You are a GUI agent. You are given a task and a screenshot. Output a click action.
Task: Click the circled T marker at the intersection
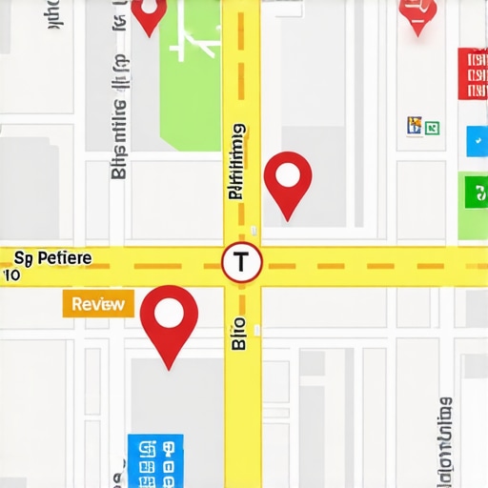click(242, 263)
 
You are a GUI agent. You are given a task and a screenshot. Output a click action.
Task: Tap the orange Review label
click(98, 304)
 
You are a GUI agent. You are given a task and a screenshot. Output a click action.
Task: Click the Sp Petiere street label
click(52, 258)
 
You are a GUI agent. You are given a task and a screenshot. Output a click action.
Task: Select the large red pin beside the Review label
click(169, 316)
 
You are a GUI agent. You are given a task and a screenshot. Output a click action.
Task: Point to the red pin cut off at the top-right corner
click(418, 13)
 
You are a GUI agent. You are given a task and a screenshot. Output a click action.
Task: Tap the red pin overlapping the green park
click(148, 13)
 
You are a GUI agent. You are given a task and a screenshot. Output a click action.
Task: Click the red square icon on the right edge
click(473, 73)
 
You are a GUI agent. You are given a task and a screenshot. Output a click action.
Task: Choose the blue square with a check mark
click(477, 140)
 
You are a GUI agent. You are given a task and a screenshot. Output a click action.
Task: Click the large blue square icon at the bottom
click(155, 461)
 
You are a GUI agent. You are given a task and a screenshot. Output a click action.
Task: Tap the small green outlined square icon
click(432, 127)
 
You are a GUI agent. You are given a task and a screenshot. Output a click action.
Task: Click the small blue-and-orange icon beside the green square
click(415, 125)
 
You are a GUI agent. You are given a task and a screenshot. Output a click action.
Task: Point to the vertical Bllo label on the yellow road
click(239, 333)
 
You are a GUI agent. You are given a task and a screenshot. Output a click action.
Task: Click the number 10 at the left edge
click(10, 275)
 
